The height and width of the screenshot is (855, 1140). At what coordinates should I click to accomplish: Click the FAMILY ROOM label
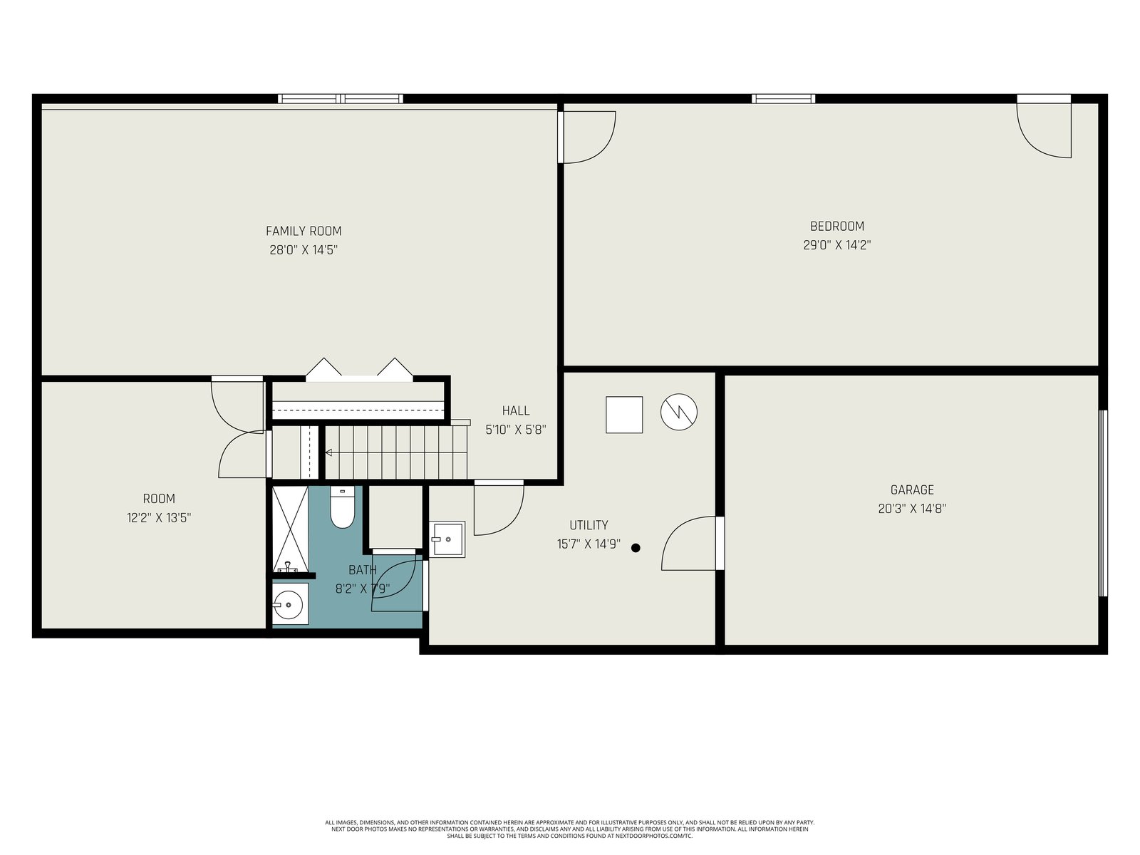coord(304,231)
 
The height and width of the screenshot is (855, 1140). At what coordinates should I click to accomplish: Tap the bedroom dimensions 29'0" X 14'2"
coord(836,245)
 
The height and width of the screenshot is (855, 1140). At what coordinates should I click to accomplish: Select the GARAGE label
coord(912,489)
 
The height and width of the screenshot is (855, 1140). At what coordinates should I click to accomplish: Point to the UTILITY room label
coord(589,525)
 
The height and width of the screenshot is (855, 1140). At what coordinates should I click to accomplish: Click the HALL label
coord(516,410)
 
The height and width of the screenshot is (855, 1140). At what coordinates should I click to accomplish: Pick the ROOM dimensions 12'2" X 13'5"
coord(159,517)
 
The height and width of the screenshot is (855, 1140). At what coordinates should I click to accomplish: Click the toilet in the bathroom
coord(342,507)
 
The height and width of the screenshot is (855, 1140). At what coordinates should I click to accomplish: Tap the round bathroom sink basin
coord(289,605)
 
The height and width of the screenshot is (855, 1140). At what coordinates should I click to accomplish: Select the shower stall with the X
coord(290,528)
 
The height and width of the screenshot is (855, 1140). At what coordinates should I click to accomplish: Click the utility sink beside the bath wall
coord(447,539)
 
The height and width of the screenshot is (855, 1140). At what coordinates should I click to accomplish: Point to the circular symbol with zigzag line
coord(679,412)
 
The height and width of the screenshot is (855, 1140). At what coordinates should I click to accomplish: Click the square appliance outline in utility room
coord(624,415)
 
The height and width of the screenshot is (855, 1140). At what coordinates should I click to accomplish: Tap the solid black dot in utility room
coord(636,548)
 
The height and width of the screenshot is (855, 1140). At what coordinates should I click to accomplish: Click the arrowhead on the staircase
coord(328,452)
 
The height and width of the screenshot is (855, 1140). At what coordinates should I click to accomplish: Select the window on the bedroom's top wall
coord(783,98)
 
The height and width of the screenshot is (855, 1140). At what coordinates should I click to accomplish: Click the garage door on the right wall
coord(1103,503)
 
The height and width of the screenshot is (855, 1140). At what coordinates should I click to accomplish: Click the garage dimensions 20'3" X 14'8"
coord(912,509)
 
